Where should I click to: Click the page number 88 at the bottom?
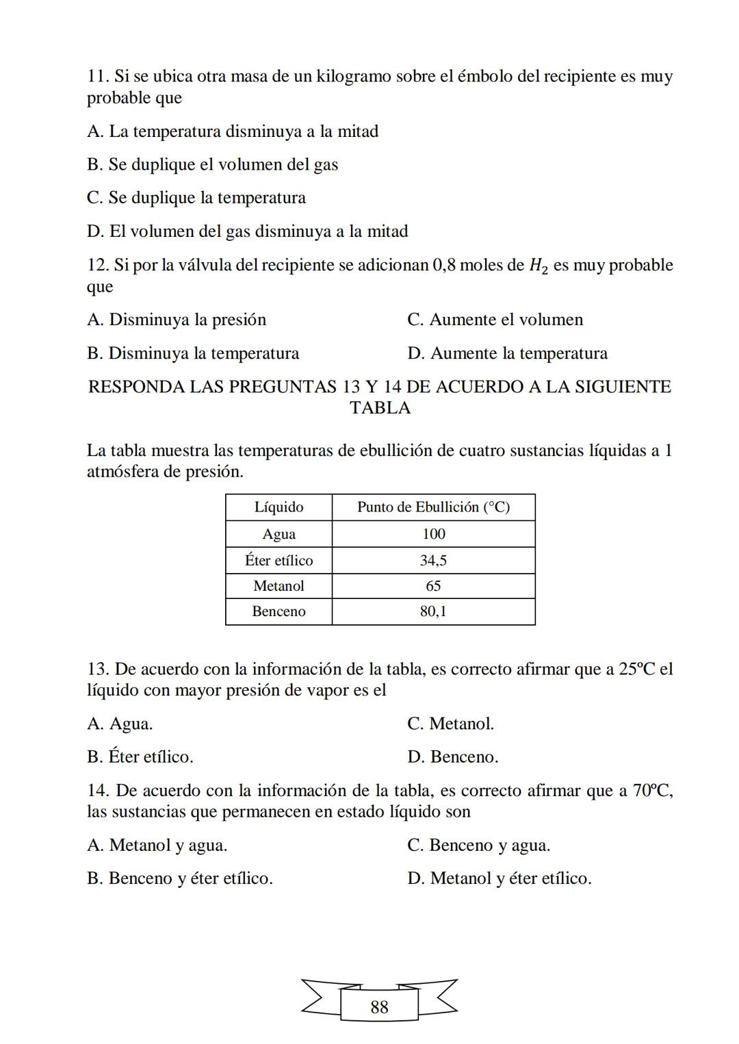pyautogui.click(x=379, y=1007)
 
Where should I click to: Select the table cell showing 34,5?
pyautogui.click(x=433, y=561)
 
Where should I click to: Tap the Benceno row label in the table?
pyautogui.click(x=278, y=611)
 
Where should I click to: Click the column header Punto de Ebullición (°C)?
pyautogui.click(x=433, y=507)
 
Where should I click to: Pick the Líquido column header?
pyautogui.click(x=278, y=507)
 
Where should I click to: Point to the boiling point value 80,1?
pyautogui.click(x=433, y=611)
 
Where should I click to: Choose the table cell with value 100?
pyautogui.click(x=433, y=534)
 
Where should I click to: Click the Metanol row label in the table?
pyautogui.click(x=278, y=586)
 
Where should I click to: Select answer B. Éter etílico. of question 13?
pyautogui.click(x=140, y=757)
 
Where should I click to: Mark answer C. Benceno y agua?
pyautogui.click(x=478, y=845)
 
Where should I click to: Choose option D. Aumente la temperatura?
pyautogui.click(x=507, y=354)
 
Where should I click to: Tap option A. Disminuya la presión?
pyautogui.click(x=177, y=320)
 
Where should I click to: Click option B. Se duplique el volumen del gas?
pyautogui.click(x=212, y=165)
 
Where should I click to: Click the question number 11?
pyautogui.click(x=97, y=76)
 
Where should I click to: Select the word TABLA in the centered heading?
pyautogui.click(x=380, y=408)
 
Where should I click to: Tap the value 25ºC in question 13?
pyautogui.click(x=637, y=669)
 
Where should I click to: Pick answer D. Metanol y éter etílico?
pyautogui.click(x=499, y=878)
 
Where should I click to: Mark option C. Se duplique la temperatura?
pyautogui.click(x=196, y=198)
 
